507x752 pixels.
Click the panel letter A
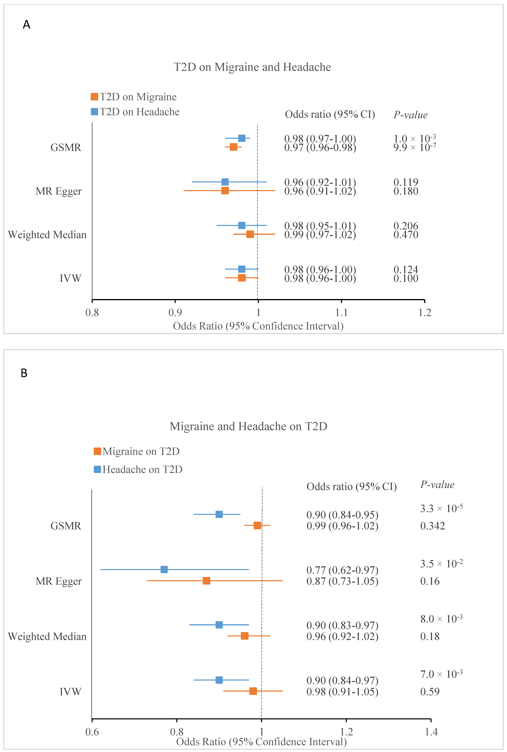(x=26, y=25)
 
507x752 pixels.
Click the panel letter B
(x=24, y=373)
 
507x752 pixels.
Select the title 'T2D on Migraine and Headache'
(x=252, y=67)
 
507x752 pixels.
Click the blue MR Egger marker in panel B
(x=164, y=569)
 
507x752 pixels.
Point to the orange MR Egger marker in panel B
(x=206, y=581)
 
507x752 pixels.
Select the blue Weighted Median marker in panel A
(x=242, y=225)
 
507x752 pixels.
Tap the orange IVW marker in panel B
(x=253, y=691)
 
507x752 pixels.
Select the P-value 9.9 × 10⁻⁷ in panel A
(x=415, y=147)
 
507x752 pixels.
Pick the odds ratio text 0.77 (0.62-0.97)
(x=342, y=570)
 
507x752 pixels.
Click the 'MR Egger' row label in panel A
(x=59, y=191)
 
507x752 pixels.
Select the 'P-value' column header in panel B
(x=437, y=485)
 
